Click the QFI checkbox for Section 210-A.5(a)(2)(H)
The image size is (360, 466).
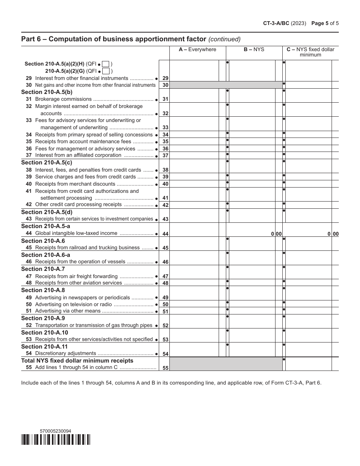pos(106,64)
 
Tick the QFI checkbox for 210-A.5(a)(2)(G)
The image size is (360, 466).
pos(106,71)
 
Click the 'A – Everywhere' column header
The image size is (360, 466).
pos(197,50)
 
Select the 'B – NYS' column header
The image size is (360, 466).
pos(254,50)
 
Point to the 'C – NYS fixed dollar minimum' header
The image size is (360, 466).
pos(310,52)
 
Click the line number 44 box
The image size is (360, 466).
pos(165,234)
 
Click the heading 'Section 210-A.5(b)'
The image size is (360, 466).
pos(47,92)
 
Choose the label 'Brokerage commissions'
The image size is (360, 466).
pos(63,99)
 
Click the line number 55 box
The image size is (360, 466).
pos(165,368)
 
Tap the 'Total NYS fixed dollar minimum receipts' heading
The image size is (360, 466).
pos(77,361)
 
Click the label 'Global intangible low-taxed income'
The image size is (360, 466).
pos(76,233)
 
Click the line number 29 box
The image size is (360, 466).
pos(165,78)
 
